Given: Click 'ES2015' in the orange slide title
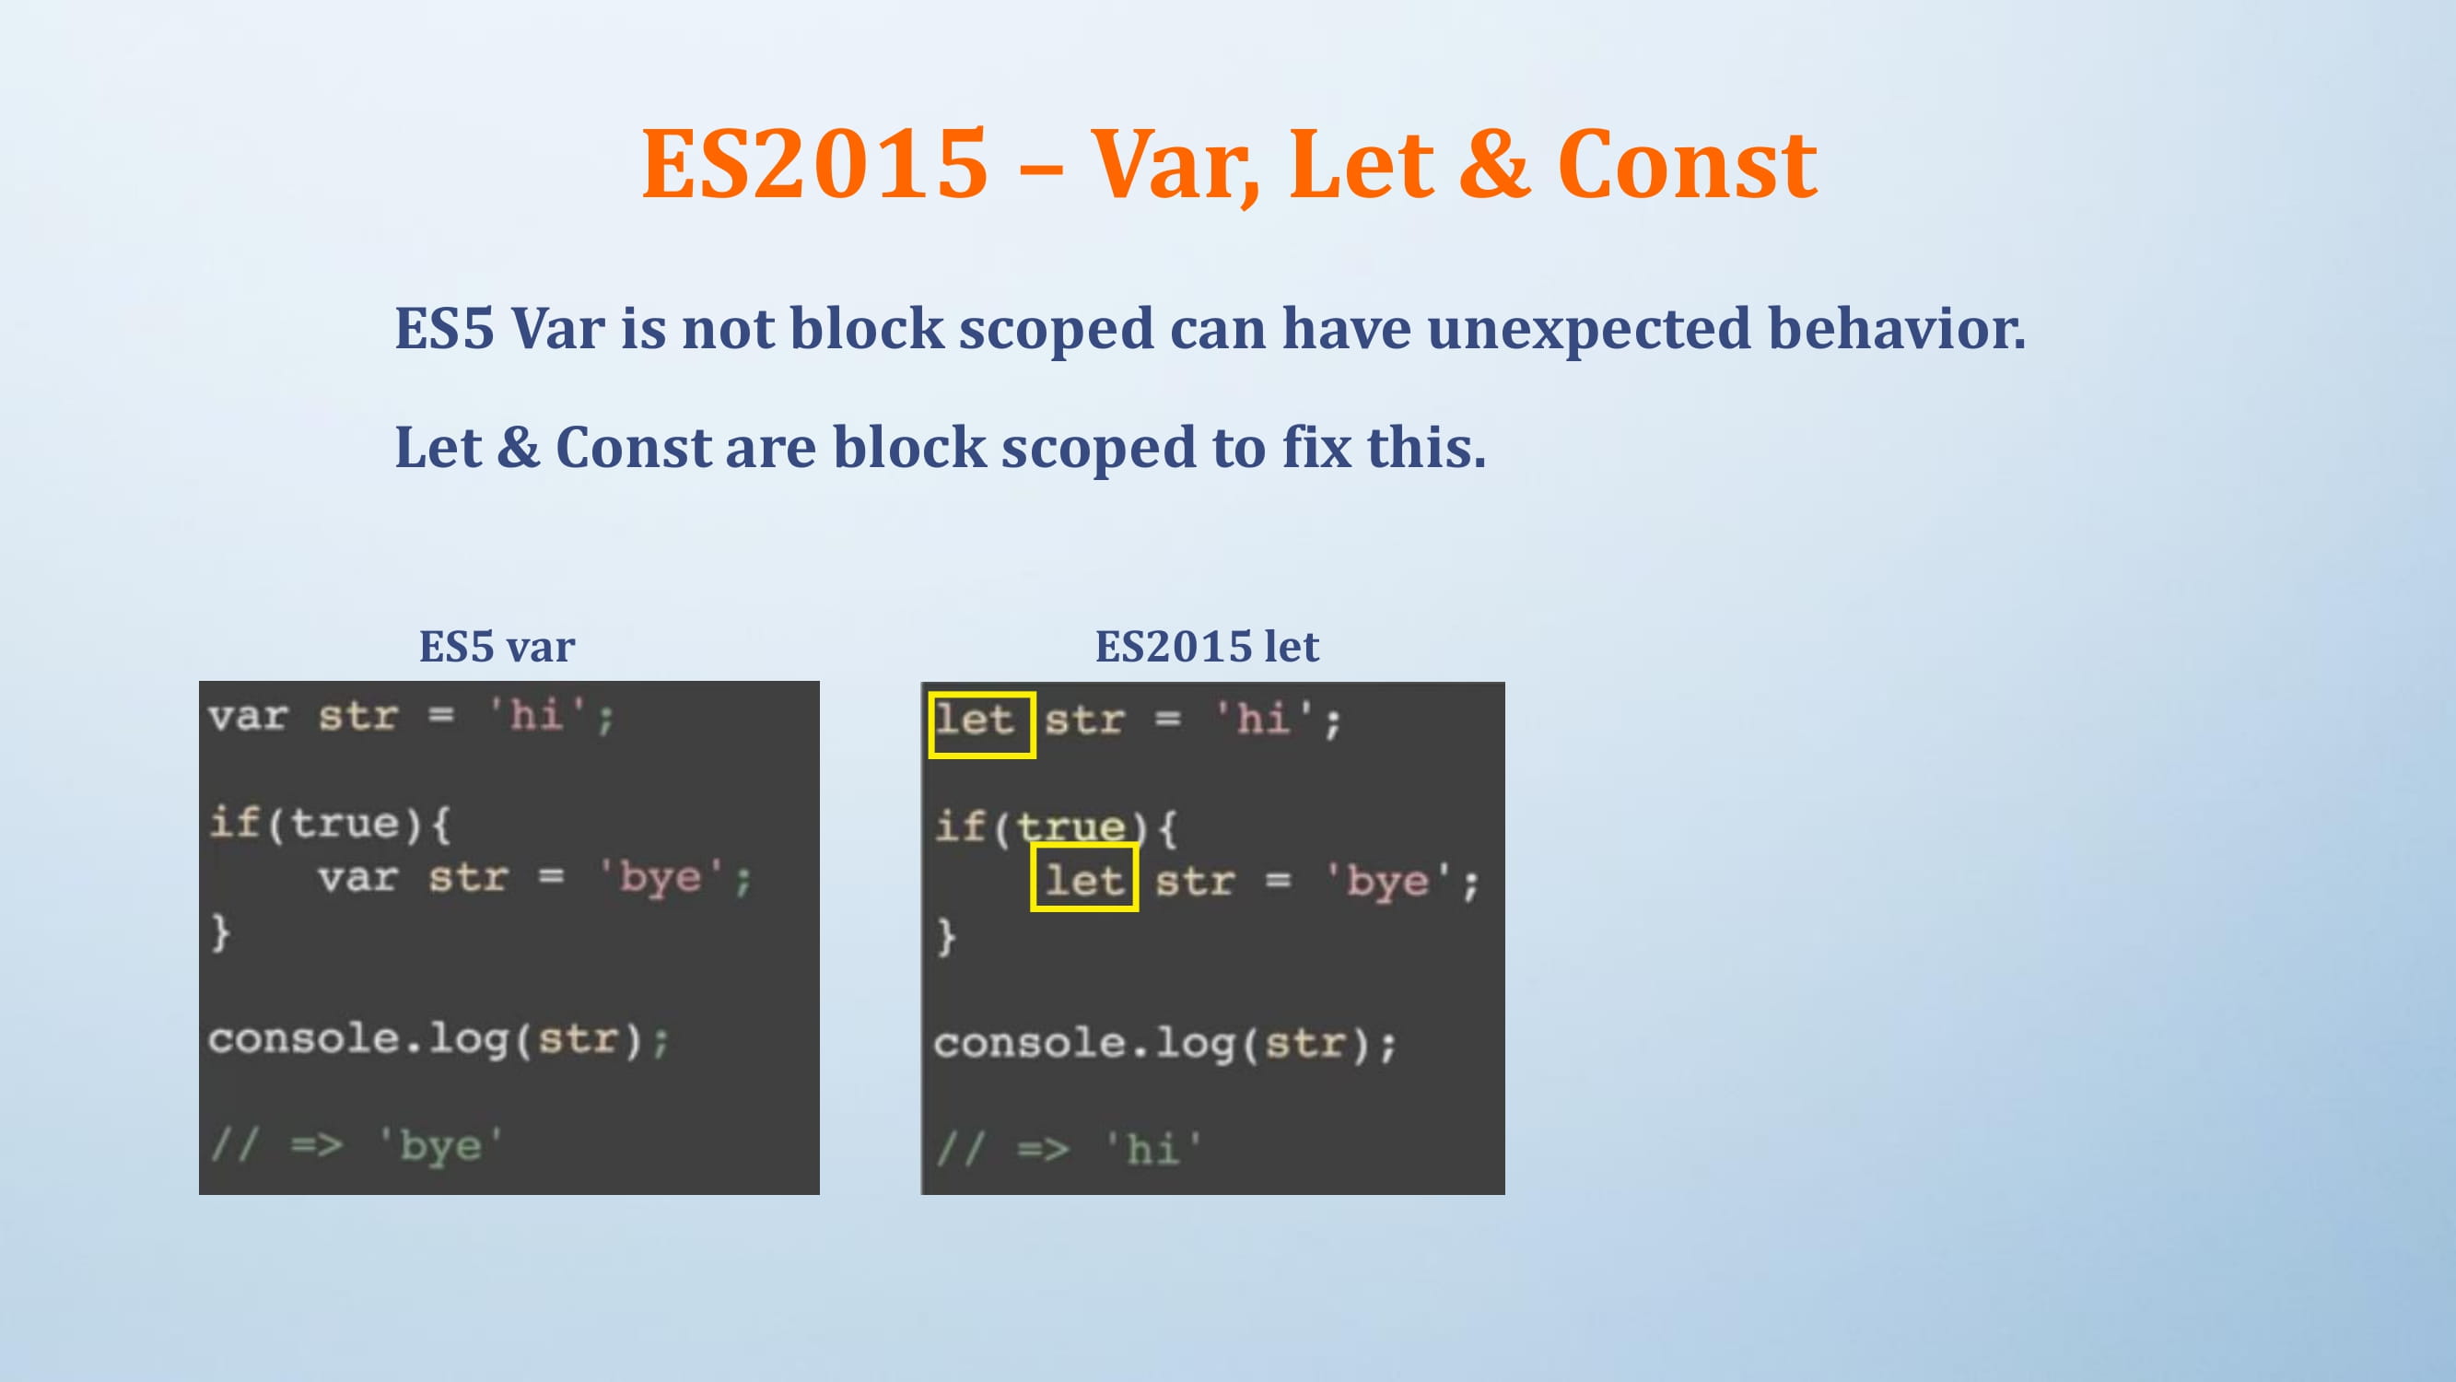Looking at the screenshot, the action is tap(815, 164).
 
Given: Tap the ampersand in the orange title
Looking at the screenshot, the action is tap(1495, 164).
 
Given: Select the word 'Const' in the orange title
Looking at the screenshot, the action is tap(1688, 164).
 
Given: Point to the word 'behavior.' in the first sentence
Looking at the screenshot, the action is tap(1898, 328).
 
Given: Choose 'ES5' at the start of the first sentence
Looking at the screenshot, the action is tap(444, 329).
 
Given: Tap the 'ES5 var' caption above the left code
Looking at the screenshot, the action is tap(497, 647).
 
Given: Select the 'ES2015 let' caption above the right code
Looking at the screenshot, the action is tap(1207, 647).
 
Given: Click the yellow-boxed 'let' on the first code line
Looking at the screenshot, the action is tap(982, 725).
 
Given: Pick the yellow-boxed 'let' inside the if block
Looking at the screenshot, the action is tap(1084, 877).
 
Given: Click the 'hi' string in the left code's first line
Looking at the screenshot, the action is tap(537, 714).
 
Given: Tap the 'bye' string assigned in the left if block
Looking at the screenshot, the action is tap(661, 877).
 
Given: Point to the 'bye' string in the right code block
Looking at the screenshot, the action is tap(1388, 882).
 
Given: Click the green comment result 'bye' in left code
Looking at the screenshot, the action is tap(440, 1145).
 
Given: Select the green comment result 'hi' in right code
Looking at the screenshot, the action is tap(1152, 1148).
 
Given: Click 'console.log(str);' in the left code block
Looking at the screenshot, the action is tap(439, 1039).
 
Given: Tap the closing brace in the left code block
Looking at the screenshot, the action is tap(220, 931).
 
